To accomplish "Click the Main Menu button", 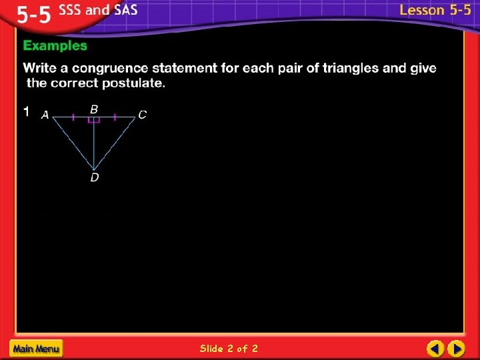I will pos(35,348).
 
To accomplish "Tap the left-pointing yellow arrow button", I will pos(435,348).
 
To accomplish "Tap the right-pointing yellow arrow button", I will pos(456,348).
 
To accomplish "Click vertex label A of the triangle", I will pos(45,115).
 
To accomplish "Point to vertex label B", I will pos(94,109).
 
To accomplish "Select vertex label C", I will pos(142,115).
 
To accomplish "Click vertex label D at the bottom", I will pos(94,177).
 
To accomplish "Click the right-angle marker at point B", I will pos(94,120).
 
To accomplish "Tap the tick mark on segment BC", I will pos(115,117).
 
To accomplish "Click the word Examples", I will pos(55,46).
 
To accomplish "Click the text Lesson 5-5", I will pos(435,10).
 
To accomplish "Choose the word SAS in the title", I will pos(123,11).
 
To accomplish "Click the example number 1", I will pos(26,112).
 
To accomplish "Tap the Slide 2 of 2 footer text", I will pos(229,348).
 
